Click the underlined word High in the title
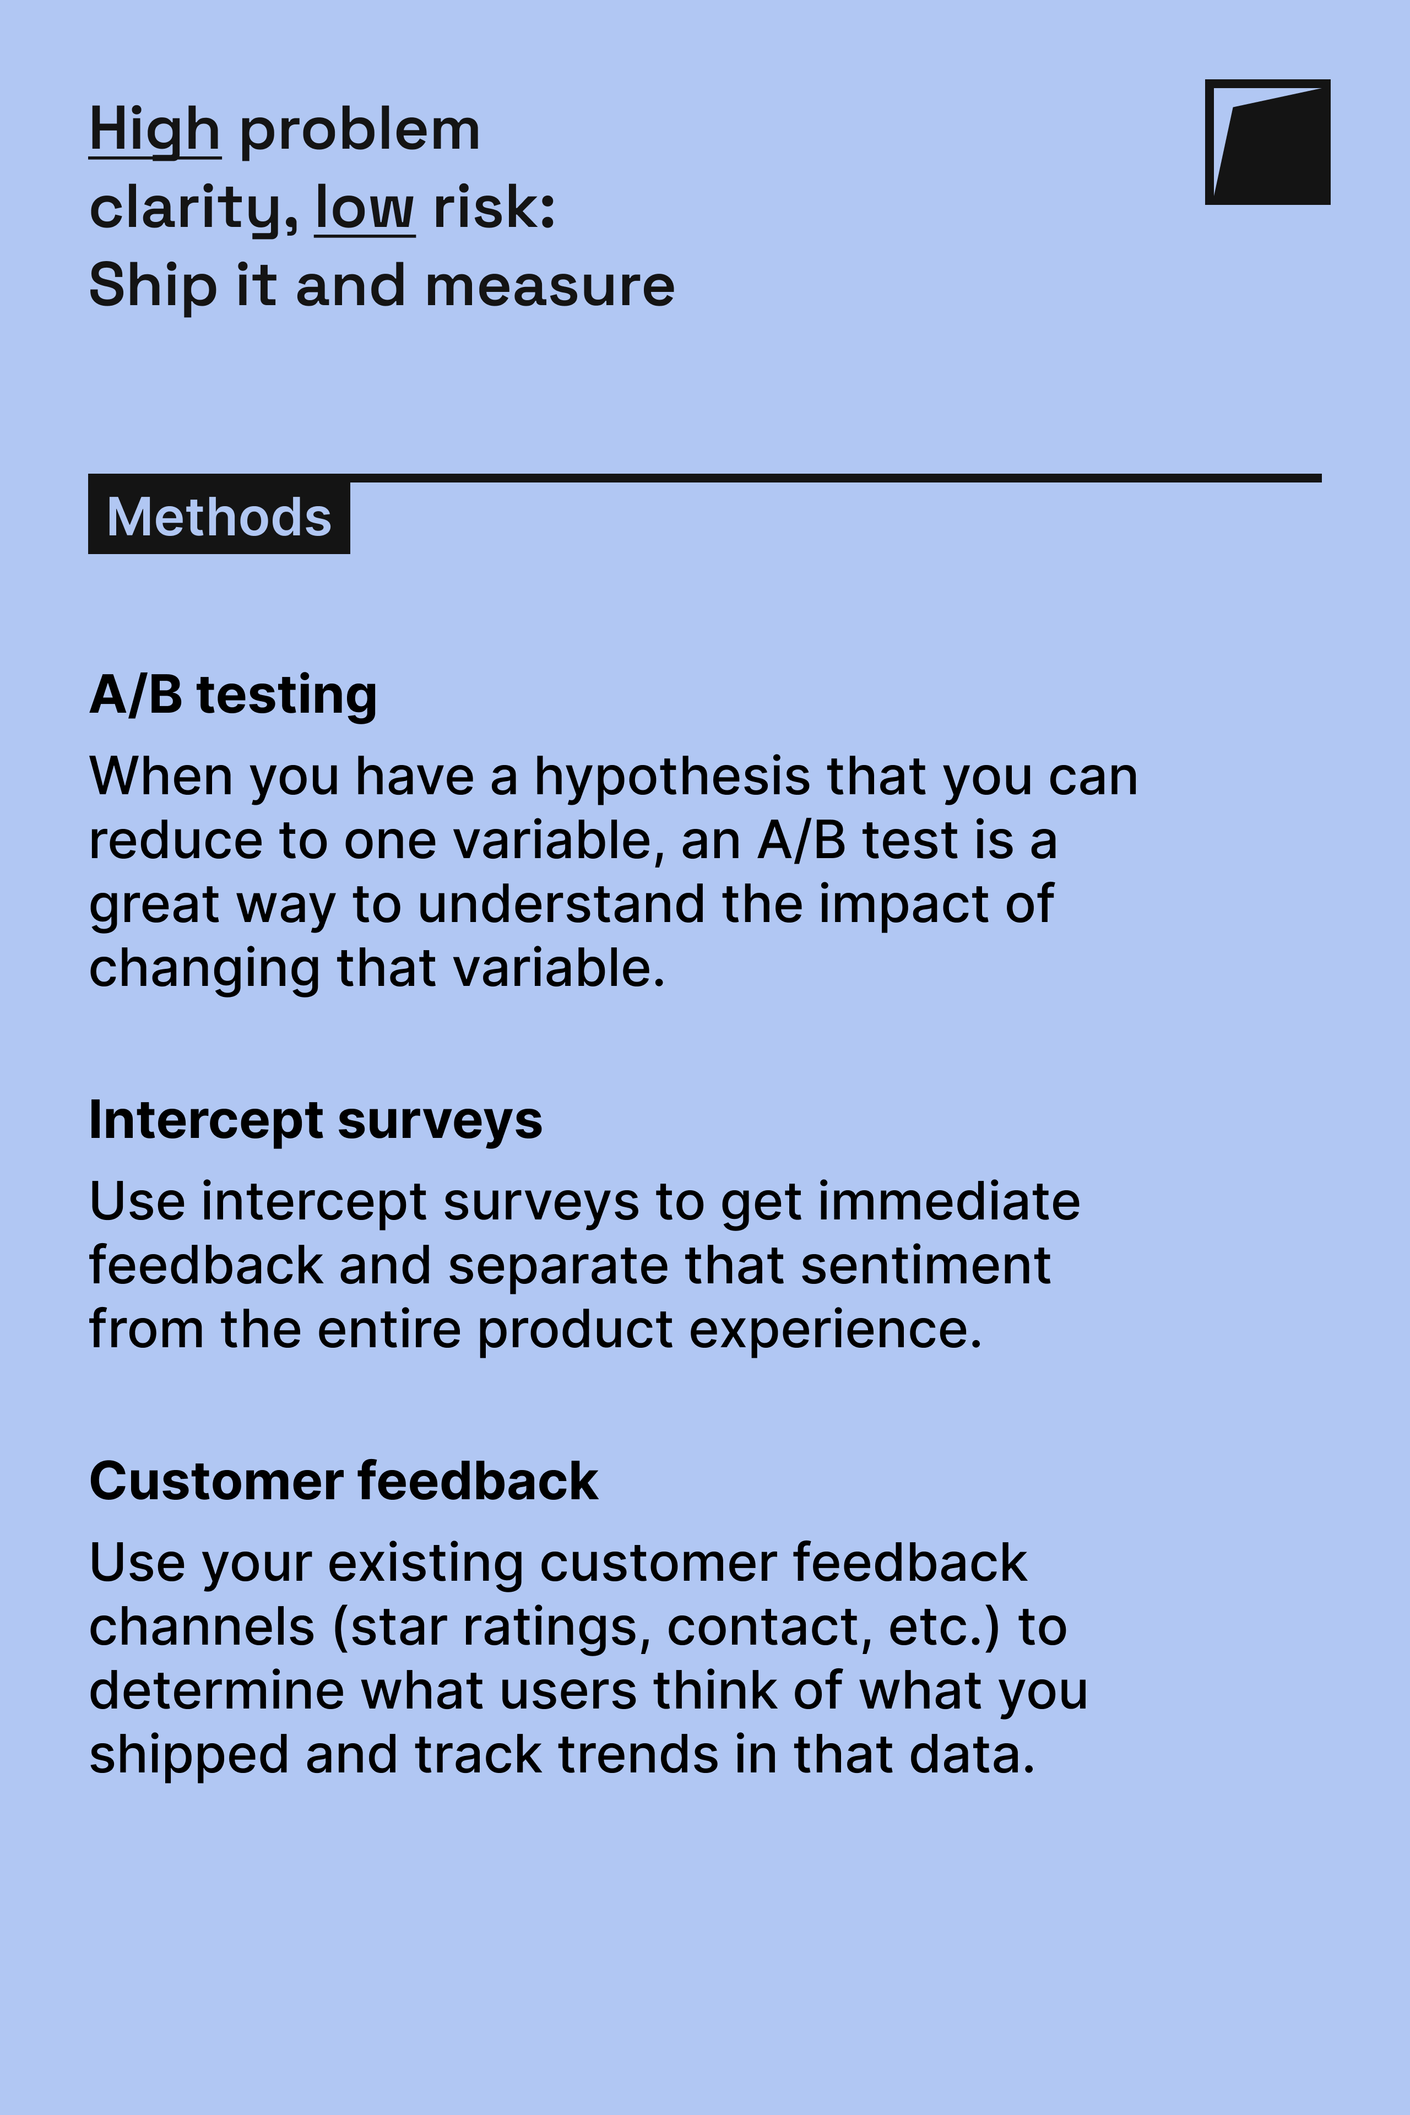(x=155, y=131)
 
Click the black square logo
(x=1267, y=142)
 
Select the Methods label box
(x=219, y=517)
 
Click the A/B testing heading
(x=233, y=695)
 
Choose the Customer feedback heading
(x=344, y=1481)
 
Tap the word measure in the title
(x=550, y=286)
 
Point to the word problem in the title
(x=360, y=131)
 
